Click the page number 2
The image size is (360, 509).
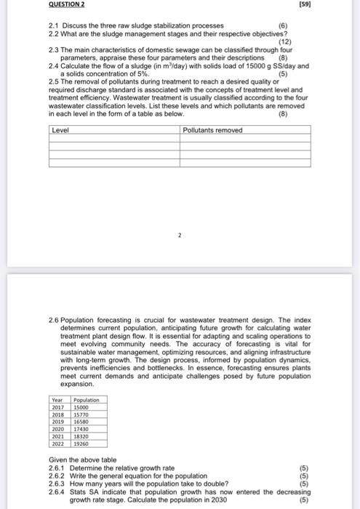179,236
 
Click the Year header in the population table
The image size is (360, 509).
57,400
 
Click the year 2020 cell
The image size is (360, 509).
57,429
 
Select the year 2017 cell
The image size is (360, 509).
57,408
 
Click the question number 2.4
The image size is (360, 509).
52,65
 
